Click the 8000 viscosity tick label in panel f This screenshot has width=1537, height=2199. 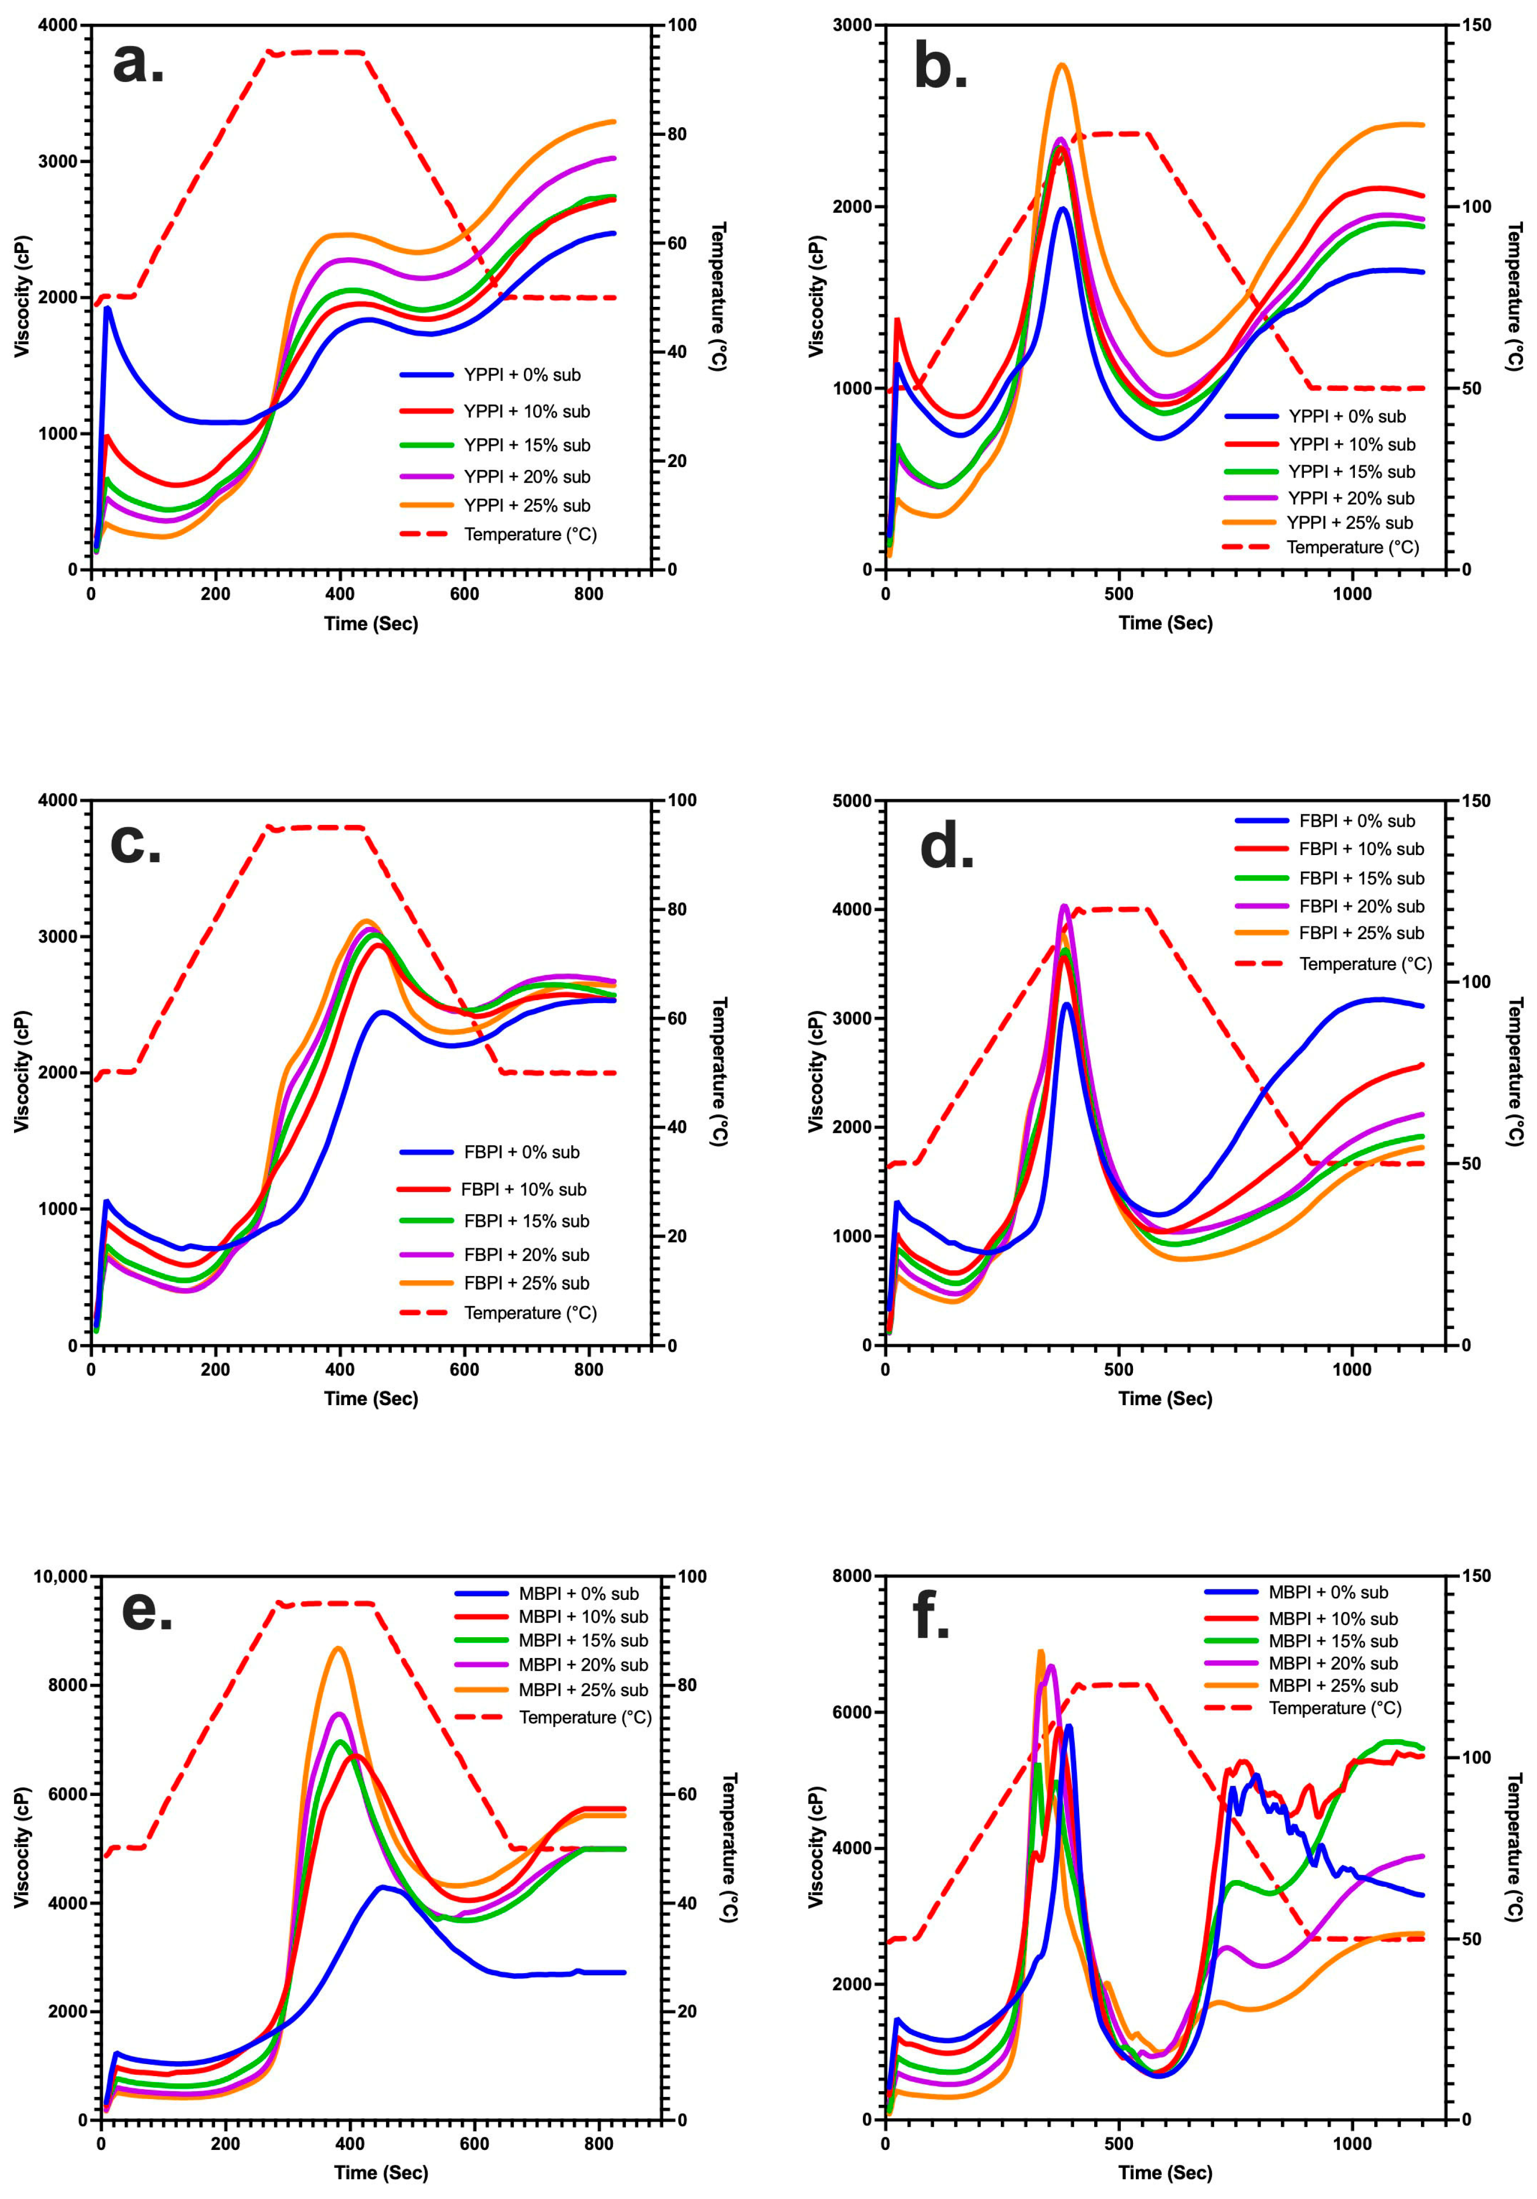[853, 1577]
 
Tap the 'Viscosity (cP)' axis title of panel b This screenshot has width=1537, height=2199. [816, 297]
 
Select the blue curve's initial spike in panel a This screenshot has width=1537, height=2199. [108, 307]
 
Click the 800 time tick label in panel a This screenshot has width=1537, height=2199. [589, 594]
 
